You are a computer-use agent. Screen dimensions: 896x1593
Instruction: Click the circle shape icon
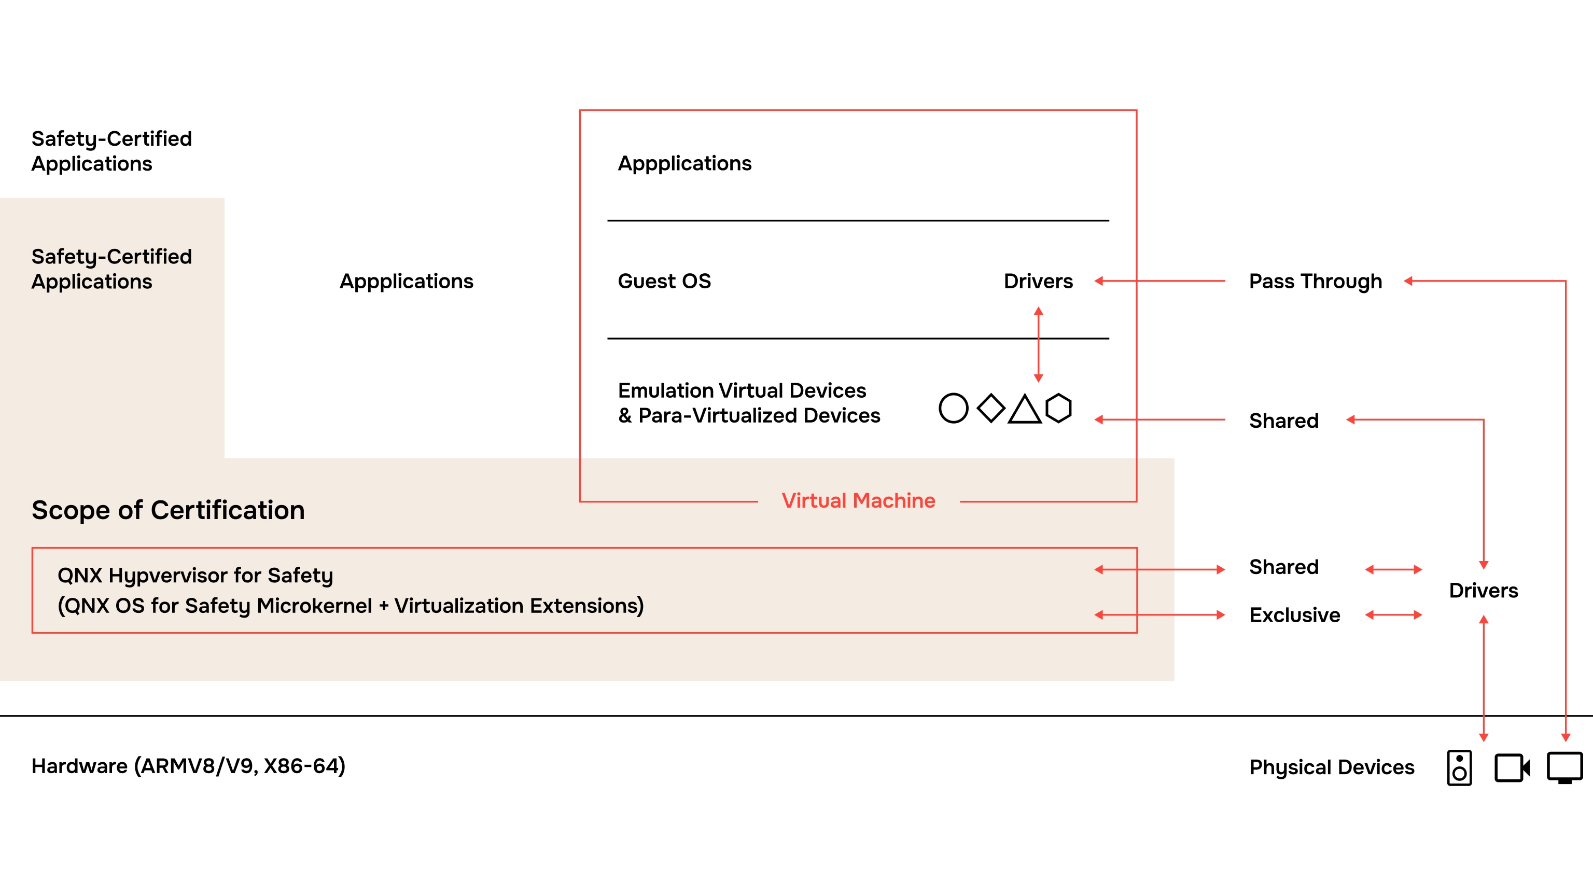click(x=953, y=408)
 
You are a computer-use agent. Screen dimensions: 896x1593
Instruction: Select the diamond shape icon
click(x=990, y=408)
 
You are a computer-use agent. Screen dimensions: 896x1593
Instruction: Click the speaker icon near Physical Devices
click(x=1459, y=767)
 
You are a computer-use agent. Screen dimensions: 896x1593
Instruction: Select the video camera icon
click(x=1512, y=767)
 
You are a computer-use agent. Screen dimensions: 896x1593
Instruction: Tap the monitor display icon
click(x=1564, y=767)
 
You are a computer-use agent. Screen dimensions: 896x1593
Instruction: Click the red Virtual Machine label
click(x=858, y=500)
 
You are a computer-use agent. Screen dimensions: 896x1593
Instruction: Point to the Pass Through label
click(x=1316, y=282)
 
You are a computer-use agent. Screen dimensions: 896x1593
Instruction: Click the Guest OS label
click(x=664, y=282)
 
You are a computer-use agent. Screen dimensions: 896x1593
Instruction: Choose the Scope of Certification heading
click(x=168, y=510)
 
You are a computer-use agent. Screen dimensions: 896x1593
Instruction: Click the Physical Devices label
click(x=1332, y=767)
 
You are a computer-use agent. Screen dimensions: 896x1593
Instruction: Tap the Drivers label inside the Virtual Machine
click(x=1038, y=282)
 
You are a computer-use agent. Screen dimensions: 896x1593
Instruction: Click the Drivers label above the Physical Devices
click(x=1483, y=591)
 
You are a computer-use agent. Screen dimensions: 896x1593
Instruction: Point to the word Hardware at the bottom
click(x=80, y=766)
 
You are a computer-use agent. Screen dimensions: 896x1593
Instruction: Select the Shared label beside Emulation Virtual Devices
click(x=1284, y=421)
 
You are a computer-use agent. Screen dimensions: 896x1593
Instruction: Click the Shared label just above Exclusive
click(x=1284, y=567)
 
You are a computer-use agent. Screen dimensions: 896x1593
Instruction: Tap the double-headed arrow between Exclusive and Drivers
click(x=1393, y=614)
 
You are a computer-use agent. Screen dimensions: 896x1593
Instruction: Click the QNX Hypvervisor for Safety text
click(x=195, y=576)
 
